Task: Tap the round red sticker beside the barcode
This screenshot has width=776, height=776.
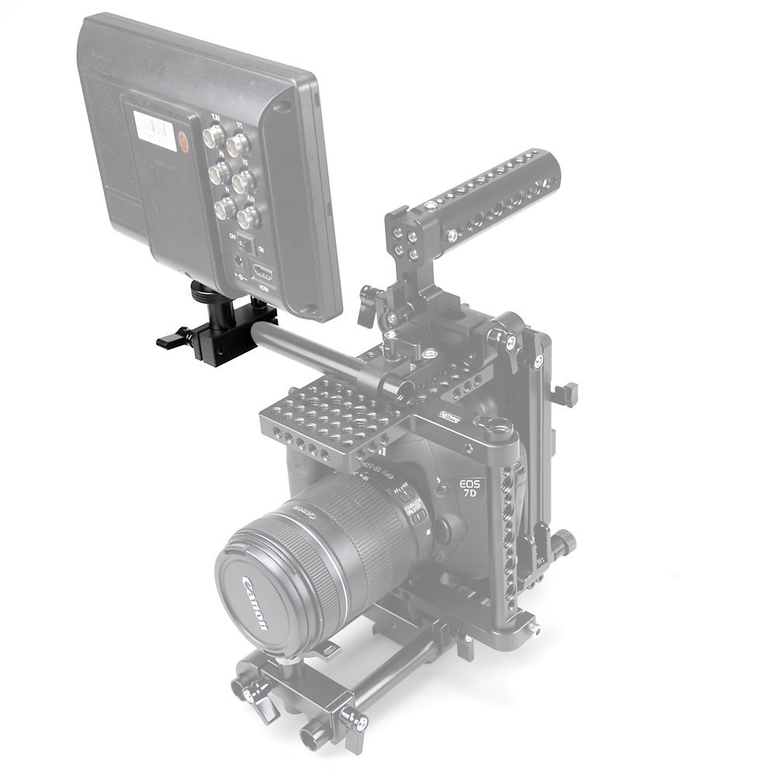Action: tap(183, 143)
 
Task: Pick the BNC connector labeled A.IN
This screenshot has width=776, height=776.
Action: tap(248, 215)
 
